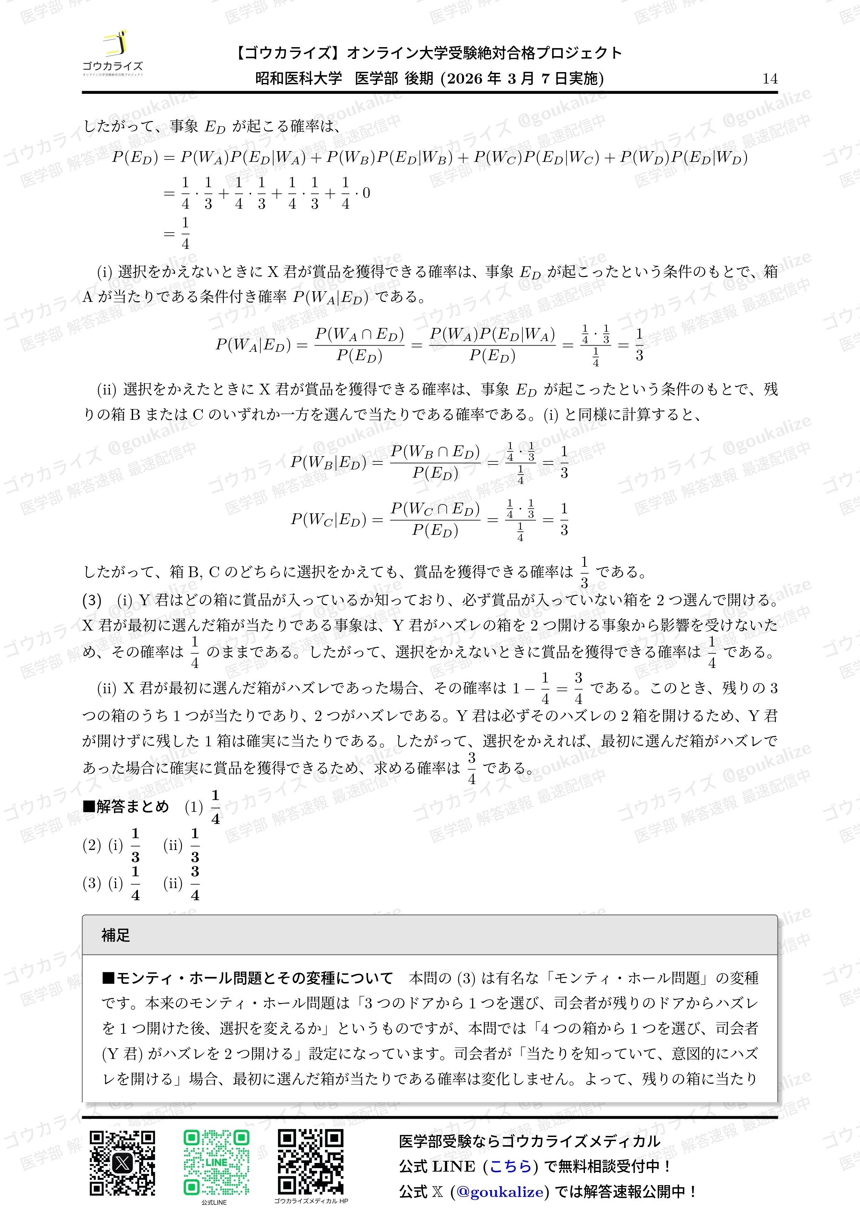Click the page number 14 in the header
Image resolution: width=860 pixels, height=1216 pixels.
[x=770, y=79]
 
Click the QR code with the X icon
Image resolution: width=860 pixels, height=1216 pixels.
[x=122, y=1163]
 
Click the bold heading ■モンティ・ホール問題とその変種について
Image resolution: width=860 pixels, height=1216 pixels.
[x=247, y=978]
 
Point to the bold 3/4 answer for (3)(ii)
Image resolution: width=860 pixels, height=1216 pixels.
[x=195, y=883]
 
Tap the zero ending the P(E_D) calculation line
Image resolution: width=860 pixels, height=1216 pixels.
[x=366, y=193]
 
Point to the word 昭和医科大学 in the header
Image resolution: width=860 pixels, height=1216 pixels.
[x=299, y=79]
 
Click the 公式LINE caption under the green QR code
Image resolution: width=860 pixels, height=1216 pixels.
[x=214, y=1202]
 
